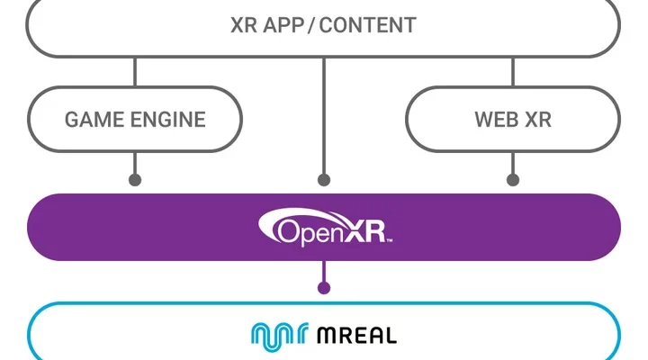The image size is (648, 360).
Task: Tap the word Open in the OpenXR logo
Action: point(306,231)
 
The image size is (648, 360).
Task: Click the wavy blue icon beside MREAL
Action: point(279,336)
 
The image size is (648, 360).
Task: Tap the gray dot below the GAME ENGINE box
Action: point(135,180)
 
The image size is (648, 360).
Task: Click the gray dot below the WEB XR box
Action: point(513,180)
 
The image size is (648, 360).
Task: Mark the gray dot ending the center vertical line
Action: point(324,180)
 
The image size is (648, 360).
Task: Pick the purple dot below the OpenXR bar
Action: point(324,288)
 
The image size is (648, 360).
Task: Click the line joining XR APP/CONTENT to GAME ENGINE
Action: point(135,72)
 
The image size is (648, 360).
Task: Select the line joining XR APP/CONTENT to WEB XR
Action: point(513,72)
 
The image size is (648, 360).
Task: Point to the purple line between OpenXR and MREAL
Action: point(324,273)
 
